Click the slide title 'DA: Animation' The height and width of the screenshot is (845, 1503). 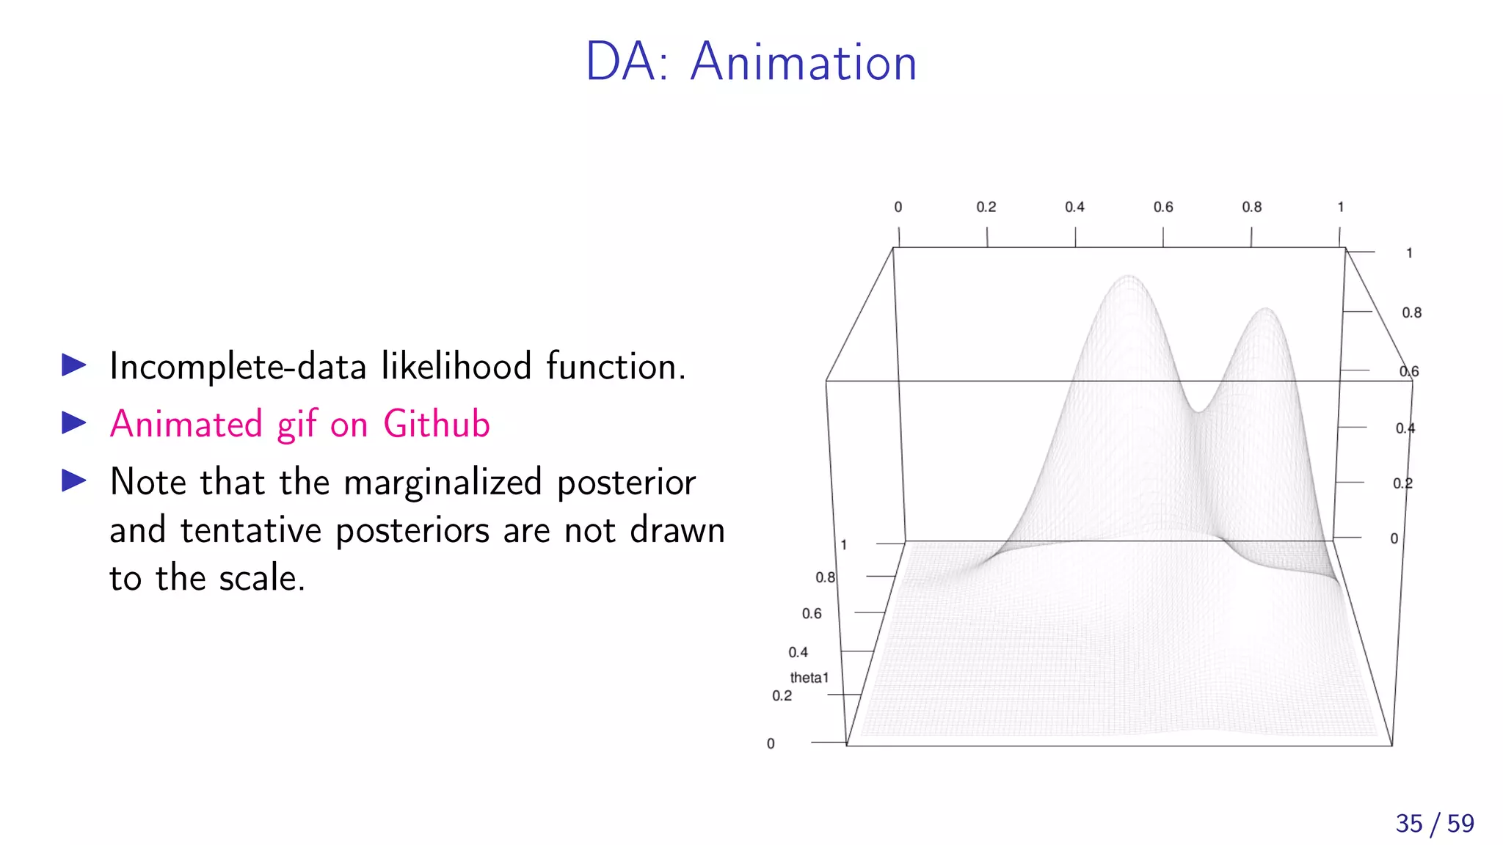(751, 62)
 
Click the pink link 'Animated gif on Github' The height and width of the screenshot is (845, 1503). (299, 424)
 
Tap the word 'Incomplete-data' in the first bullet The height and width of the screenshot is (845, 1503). (238, 366)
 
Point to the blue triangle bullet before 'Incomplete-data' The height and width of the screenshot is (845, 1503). (74, 365)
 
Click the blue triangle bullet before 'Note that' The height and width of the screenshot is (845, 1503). (74, 480)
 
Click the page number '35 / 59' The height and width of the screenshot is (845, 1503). (1434, 823)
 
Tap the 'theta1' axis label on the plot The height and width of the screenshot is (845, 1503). (809, 678)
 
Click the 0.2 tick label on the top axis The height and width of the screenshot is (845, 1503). (986, 207)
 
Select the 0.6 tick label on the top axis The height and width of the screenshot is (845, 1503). (1162, 207)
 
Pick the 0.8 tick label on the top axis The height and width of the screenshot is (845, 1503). (1251, 207)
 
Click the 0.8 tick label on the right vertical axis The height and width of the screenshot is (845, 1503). (1411, 312)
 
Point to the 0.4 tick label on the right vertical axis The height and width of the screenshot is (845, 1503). (1405, 428)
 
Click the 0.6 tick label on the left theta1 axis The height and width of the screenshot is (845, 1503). (811, 613)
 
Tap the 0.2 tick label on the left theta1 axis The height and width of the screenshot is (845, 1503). (782, 695)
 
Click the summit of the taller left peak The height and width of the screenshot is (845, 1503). (1129, 277)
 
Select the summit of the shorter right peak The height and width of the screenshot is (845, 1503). (1266, 309)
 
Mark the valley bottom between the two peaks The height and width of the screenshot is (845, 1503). (1198, 411)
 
